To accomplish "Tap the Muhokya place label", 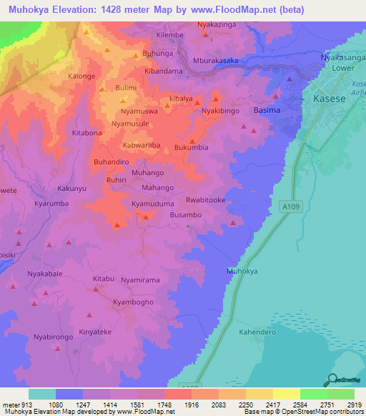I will [x=241, y=272].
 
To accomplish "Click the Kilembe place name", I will [x=169, y=35].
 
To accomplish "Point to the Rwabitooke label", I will [x=206, y=200].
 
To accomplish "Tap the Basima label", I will [x=267, y=112].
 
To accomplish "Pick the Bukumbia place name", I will [x=192, y=147].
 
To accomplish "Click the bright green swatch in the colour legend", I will [x=314, y=394].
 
